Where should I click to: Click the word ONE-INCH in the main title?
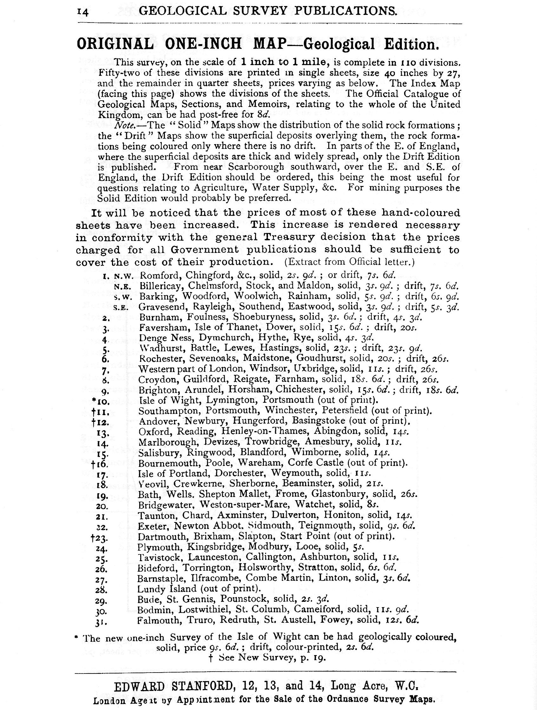(201, 44)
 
